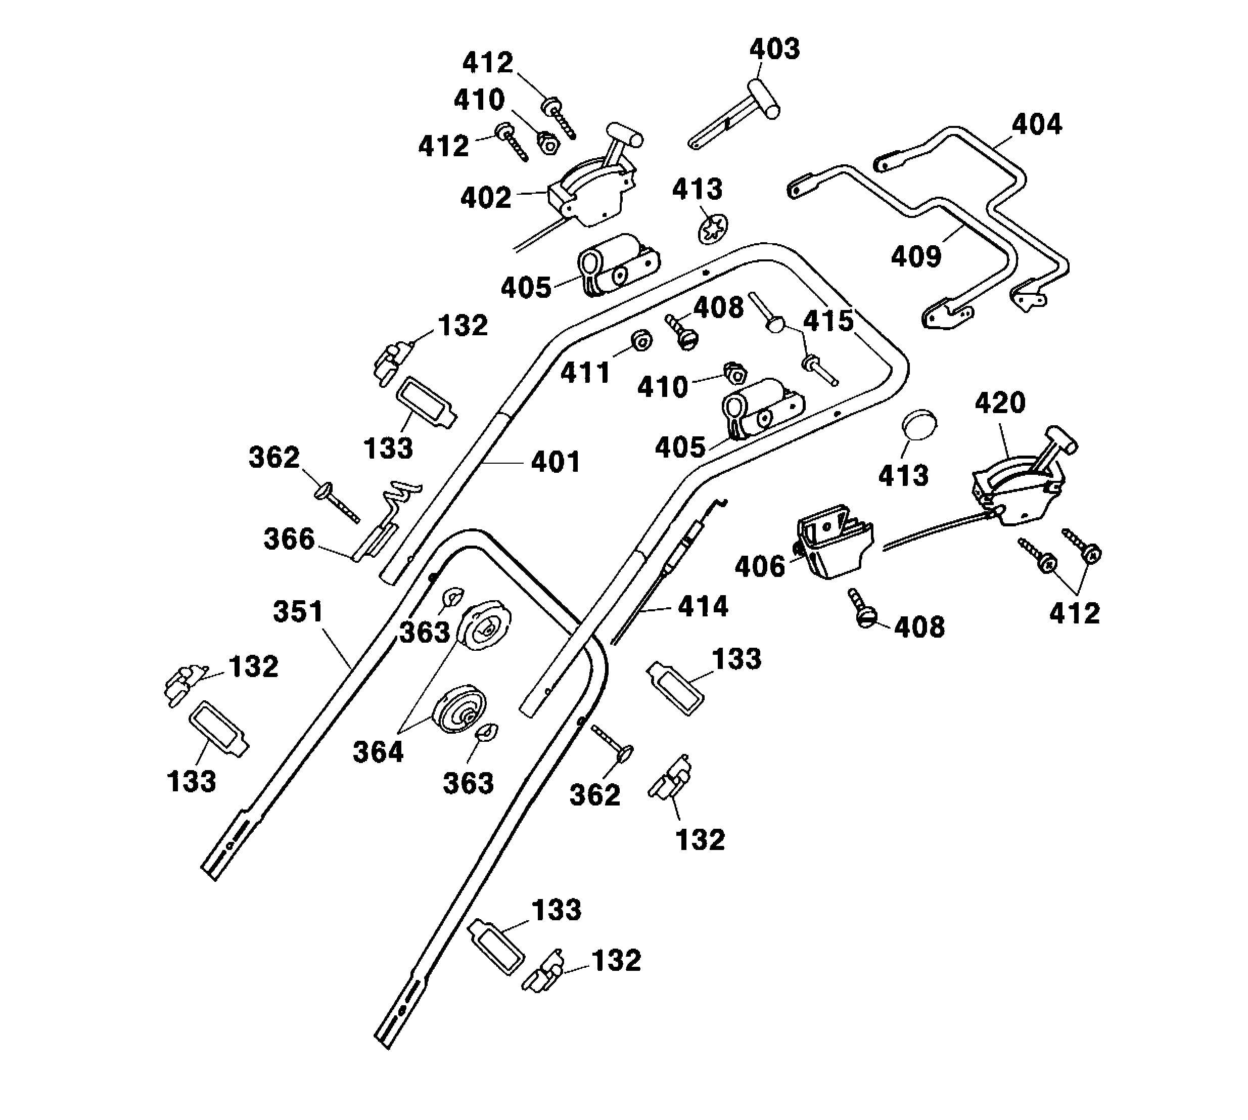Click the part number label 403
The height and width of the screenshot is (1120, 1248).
(x=774, y=49)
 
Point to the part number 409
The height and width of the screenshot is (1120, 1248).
(x=916, y=257)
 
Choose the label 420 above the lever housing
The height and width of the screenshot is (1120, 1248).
(x=1000, y=404)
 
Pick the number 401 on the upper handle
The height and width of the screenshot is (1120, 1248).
(x=556, y=462)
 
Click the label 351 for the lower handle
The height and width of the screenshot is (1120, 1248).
(x=298, y=612)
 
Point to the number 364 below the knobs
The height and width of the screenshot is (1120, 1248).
(x=378, y=752)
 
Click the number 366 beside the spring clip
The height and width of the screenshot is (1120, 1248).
(x=289, y=539)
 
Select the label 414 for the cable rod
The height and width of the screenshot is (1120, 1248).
(x=703, y=607)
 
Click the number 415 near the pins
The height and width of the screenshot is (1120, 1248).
(x=828, y=321)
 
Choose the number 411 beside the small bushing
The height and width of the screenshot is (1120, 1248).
(x=585, y=373)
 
